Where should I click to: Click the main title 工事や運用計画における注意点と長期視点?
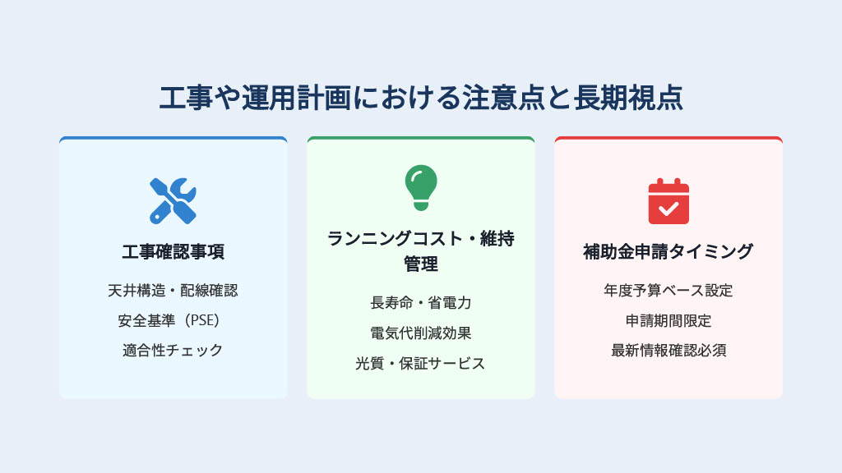coord(421,98)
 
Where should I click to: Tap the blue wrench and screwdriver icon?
coord(173,201)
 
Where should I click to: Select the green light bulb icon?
coord(421,187)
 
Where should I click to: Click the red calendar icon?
coord(669,201)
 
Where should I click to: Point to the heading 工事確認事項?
coord(173,251)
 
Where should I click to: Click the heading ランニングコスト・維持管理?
coord(421,251)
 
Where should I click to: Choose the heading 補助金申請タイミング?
coord(669,251)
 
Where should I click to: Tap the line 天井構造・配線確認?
coord(173,291)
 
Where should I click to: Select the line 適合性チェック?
coord(173,351)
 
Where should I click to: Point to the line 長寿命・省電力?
coord(421,303)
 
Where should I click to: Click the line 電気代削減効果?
coord(421,333)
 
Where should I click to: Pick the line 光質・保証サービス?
coord(420,364)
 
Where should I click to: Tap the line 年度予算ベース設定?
coord(669,291)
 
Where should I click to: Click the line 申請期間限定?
coord(669,321)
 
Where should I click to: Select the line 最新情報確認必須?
coord(669,351)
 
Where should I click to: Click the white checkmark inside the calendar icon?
coord(669,208)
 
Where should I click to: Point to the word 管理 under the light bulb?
coord(421,264)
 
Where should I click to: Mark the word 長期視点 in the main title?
coord(628,98)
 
